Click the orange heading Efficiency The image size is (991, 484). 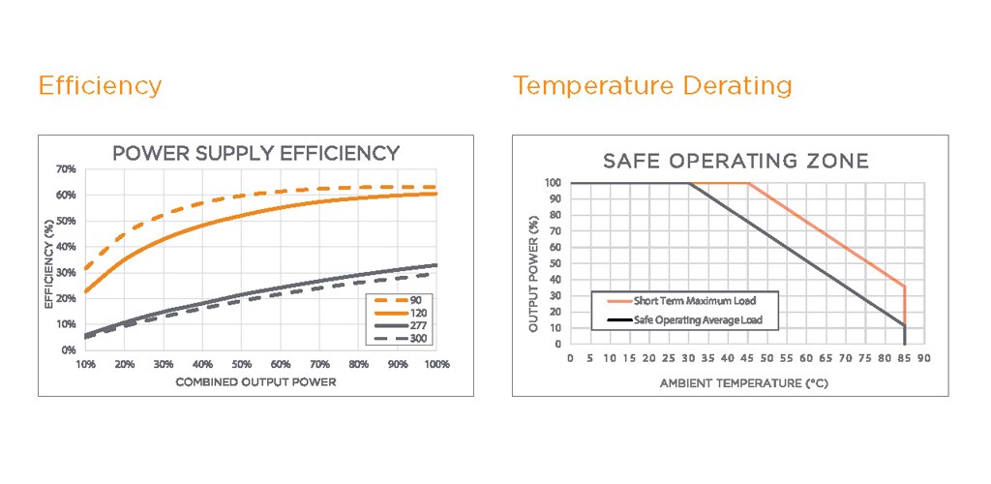pyautogui.click(x=100, y=86)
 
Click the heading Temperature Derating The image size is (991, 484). pyautogui.click(x=652, y=86)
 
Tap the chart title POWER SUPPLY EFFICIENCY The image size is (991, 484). pyautogui.click(x=255, y=153)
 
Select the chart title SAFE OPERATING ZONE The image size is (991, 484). pyautogui.click(x=736, y=161)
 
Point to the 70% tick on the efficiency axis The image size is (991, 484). pyautogui.click(x=67, y=169)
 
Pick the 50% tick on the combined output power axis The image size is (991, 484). pyautogui.click(x=241, y=365)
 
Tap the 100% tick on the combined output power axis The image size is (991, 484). pyautogui.click(x=435, y=365)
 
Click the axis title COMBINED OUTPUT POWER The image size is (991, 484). pyautogui.click(x=255, y=382)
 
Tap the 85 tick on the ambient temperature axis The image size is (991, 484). pyautogui.click(x=905, y=359)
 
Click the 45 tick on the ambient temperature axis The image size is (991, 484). pyautogui.click(x=747, y=359)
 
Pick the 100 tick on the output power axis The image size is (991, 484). pyautogui.click(x=554, y=182)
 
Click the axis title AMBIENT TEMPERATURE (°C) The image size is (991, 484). pyautogui.click(x=745, y=382)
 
